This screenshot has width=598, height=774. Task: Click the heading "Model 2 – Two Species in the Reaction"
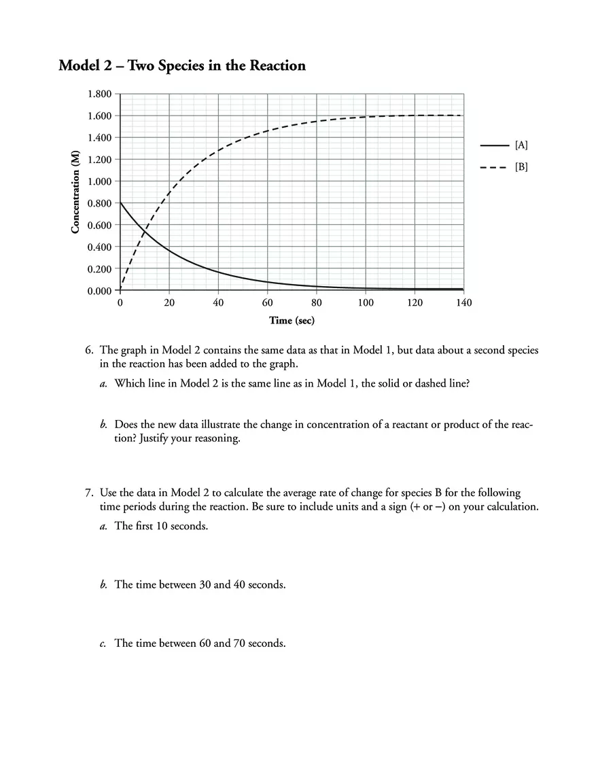(x=182, y=66)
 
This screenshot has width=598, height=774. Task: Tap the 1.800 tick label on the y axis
(x=99, y=94)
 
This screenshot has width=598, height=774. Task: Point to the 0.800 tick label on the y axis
(x=99, y=203)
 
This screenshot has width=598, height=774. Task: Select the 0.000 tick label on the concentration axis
(x=99, y=291)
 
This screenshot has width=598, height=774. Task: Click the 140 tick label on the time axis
(x=463, y=302)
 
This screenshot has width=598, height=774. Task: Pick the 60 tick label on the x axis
(x=267, y=302)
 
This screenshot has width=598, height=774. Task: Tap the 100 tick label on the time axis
(x=366, y=302)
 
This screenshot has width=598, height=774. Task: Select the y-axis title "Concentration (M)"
(x=75, y=192)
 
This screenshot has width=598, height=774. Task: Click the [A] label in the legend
(x=521, y=145)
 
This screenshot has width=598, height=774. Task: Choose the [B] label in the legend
(x=521, y=166)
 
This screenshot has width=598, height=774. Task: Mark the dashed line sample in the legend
(x=494, y=166)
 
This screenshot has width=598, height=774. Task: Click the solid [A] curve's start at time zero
(x=121, y=203)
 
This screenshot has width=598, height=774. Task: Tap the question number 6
(x=89, y=351)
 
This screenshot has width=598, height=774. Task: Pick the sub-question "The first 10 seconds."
(x=161, y=526)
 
